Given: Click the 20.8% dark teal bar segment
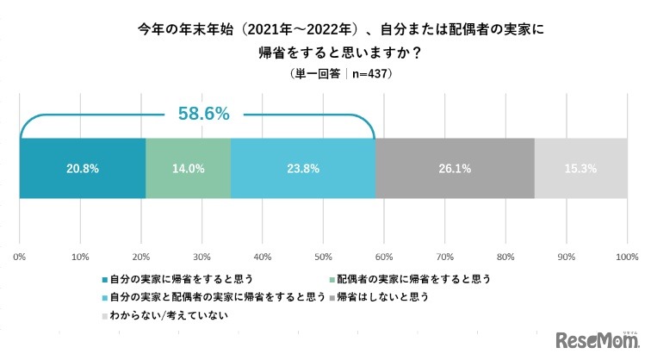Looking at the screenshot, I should tap(82, 169).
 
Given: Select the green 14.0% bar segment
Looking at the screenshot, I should tap(188, 169).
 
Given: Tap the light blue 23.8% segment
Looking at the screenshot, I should tap(302, 169).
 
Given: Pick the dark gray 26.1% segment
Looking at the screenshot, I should tap(455, 169).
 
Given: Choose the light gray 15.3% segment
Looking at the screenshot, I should tap(580, 169).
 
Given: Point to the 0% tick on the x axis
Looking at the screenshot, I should tap(20, 257).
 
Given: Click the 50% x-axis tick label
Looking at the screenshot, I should tap(324, 257).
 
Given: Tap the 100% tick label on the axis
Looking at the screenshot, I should tap(626, 257).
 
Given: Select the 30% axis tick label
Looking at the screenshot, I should tap(202, 257).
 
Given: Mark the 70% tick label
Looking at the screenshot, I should tap(445, 257).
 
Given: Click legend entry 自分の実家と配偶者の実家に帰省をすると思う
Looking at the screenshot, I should tap(215, 297).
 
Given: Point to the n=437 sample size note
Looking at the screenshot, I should tap(367, 75).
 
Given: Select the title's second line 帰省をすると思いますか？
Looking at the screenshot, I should tap(325, 52).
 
